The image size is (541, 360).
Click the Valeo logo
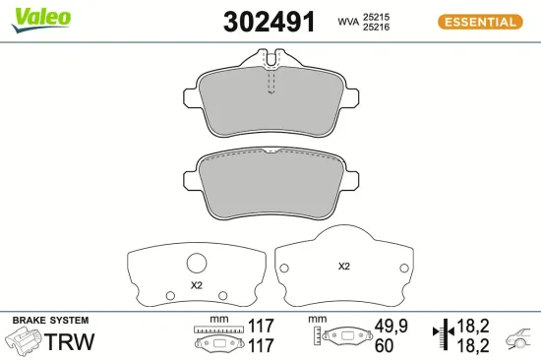pos(41,15)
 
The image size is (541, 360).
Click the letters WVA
pos(348,21)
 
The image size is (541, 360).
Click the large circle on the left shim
pos(197,263)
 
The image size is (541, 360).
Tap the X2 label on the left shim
pos(196,285)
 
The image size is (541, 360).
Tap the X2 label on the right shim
pos(344,266)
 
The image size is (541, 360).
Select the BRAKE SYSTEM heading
pos(50,322)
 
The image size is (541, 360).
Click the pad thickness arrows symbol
pos(445,334)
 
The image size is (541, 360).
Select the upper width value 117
pos(260,326)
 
